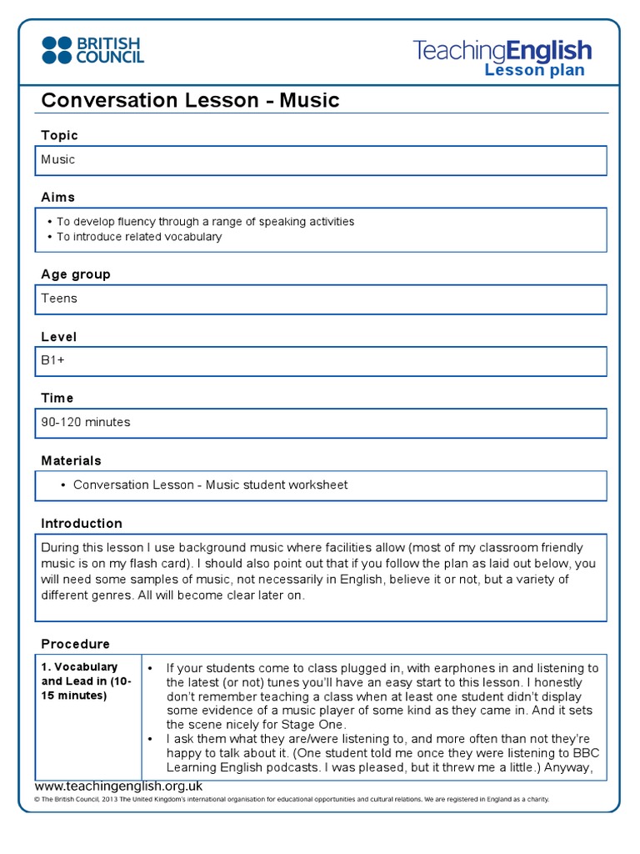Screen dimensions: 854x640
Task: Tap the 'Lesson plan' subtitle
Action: point(534,70)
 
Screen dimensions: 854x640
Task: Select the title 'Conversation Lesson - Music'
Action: point(190,101)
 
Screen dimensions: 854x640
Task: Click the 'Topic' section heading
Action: point(59,135)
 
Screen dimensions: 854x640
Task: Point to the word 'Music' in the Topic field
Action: point(58,159)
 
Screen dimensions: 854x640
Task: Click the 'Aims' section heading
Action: point(58,198)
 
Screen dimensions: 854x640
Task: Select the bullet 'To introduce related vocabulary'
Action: point(139,237)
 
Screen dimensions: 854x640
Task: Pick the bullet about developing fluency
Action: point(205,222)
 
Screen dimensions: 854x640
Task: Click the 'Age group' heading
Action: point(76,274)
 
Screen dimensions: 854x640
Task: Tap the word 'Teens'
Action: point(59,298)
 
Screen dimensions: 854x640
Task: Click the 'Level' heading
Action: point(59,337)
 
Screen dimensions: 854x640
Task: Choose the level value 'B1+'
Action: point(53,360)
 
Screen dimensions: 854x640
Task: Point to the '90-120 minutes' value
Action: point(86,422)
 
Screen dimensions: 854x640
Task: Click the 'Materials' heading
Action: point(72,460)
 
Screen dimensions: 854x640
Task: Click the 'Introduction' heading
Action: point(82,524)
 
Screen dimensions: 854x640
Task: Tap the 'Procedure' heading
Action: point(76,644)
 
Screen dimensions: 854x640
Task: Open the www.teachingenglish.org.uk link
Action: point(118,786)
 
